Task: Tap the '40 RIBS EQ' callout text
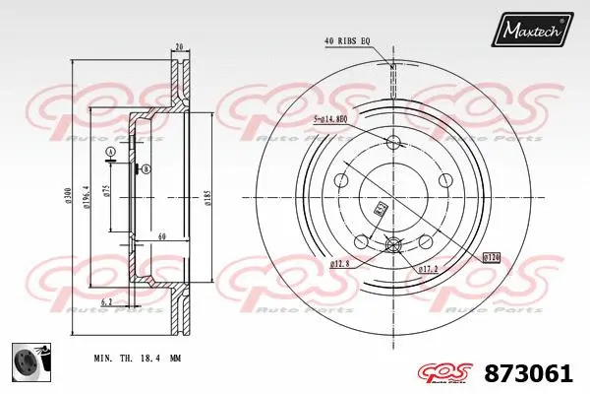(347, 40)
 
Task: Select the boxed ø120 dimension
(492, 257)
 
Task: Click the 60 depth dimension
(160, 237)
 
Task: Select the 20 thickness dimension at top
(179, 47)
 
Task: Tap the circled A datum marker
(111, 151)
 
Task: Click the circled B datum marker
(147, 169)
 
